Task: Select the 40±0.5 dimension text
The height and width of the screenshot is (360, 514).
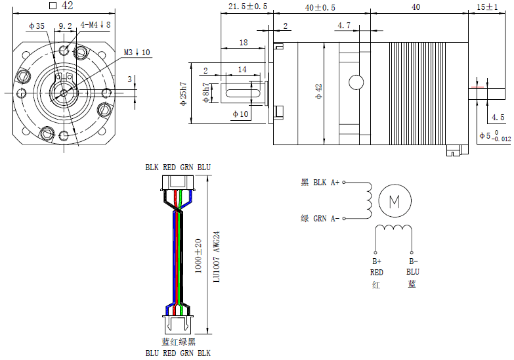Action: tap(320, 7)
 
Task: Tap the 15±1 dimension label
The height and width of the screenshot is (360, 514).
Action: tap(488, 7)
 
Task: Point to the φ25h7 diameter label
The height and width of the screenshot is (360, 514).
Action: tap(184, 93)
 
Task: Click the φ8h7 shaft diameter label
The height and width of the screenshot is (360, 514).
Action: tap(207, 95)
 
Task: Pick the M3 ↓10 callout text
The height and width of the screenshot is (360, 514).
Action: tap(137, 52)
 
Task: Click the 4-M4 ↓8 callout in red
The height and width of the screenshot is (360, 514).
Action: tap(96, 25)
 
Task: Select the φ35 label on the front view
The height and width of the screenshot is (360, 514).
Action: tap(37, 26)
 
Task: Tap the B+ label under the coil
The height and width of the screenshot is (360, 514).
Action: tap(376, 261)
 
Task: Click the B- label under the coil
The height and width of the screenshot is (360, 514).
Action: tap(412, 261)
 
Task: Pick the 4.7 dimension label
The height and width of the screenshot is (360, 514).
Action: tap(344, 26)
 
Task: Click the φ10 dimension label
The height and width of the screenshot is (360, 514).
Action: tap(240, 114)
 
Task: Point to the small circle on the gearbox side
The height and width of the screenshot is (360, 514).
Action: tap(356, 82)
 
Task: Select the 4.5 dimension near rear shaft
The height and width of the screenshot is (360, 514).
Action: tap(498, 118)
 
